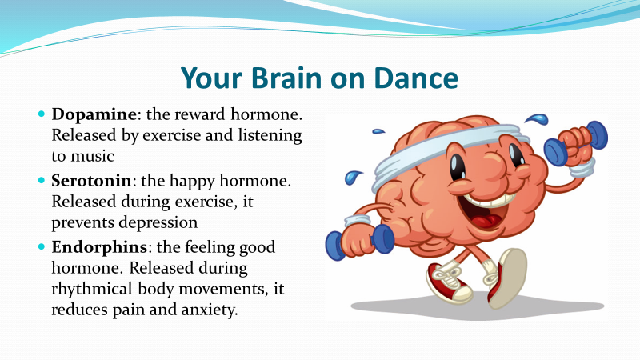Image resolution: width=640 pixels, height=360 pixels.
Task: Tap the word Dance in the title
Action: click(416, 77)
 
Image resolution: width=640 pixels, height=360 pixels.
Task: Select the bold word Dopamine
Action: click(94, 114)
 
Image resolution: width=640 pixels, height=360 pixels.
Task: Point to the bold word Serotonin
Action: click(91, 181)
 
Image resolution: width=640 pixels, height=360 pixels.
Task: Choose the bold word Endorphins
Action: click(99, 247)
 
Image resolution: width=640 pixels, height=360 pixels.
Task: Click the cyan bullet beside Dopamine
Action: click(42, 114)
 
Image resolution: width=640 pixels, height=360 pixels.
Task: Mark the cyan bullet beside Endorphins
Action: click(42, 246)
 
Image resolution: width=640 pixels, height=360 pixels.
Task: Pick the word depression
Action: click(159, 223)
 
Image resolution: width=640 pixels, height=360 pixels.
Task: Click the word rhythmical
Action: click(92, 290)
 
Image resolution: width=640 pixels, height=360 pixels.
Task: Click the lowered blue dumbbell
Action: click(360, 242)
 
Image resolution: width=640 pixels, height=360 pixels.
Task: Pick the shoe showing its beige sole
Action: click(506, 278)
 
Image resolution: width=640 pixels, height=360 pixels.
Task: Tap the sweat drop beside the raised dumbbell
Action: click(537, 118)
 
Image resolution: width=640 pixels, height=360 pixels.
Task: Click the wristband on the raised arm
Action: click(582, 168)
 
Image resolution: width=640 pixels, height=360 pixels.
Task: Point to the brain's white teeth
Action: click(489, 200)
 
